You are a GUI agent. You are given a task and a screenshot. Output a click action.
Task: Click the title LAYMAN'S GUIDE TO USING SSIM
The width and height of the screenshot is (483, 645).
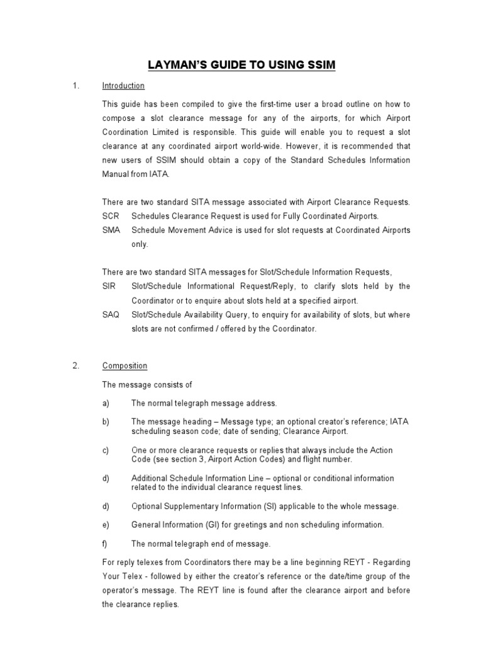click(241, 66)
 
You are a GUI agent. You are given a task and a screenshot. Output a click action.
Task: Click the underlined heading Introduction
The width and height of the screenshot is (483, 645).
click(123, 86)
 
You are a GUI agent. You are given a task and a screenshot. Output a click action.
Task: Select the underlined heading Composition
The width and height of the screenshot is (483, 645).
click(125, 366)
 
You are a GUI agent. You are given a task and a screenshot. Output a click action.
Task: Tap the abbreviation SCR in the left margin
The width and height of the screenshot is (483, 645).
click(110, 216)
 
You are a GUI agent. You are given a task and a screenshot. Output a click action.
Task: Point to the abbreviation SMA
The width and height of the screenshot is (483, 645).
click(111, 230)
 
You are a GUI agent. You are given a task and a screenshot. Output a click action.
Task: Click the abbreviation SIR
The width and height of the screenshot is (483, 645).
click(109, 286)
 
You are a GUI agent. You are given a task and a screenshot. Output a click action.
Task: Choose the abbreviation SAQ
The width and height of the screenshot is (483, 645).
click(110, 314)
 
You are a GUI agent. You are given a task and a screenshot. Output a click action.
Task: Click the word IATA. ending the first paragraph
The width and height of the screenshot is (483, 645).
click(158, 174)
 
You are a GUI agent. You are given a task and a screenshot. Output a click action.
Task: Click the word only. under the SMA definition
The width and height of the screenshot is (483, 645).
click(140, 244)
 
